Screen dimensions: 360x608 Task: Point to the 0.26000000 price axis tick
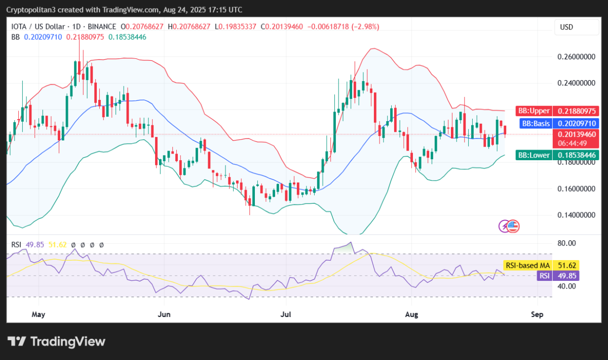point(576,57)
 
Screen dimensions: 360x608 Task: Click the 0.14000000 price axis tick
point(576,215)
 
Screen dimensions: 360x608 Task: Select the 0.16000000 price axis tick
point(576,189)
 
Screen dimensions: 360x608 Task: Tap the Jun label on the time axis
point(164,314)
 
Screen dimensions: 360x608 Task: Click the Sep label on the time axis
point(538,314)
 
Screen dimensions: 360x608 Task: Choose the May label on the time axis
point(39,314)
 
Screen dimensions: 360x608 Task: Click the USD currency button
point(566,27)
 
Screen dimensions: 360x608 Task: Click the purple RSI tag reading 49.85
point(557,276)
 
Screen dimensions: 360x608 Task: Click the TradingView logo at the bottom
point(56,341)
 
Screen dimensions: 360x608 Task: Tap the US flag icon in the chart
point(513,226)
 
